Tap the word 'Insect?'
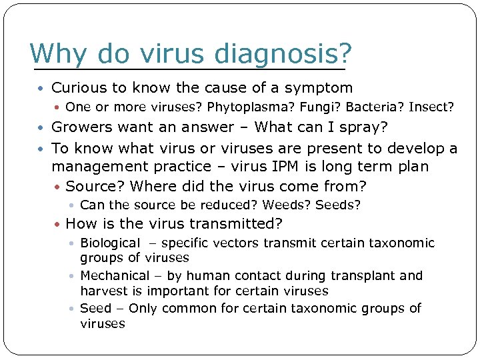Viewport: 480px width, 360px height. coord(431,107)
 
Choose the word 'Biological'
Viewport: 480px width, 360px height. coord(110,243)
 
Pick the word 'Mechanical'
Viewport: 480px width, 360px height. coord(115,275)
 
